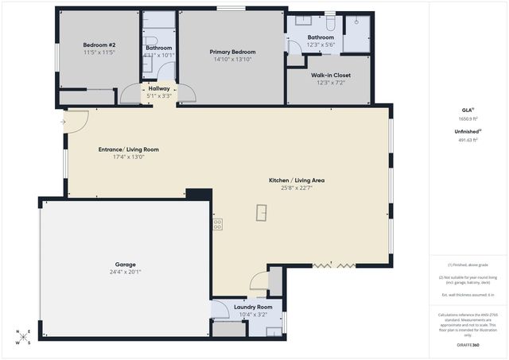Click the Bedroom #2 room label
(100, 45)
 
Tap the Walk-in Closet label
(330, 75)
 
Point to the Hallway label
(159, 88)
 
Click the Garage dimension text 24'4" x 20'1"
(125, 272)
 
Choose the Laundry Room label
(253, 306)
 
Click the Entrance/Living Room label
(128, 149)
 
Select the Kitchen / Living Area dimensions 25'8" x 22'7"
(297, 188)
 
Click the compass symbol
(25, 336)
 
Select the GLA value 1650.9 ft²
(469, 118)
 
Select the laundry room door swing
(258, 281)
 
